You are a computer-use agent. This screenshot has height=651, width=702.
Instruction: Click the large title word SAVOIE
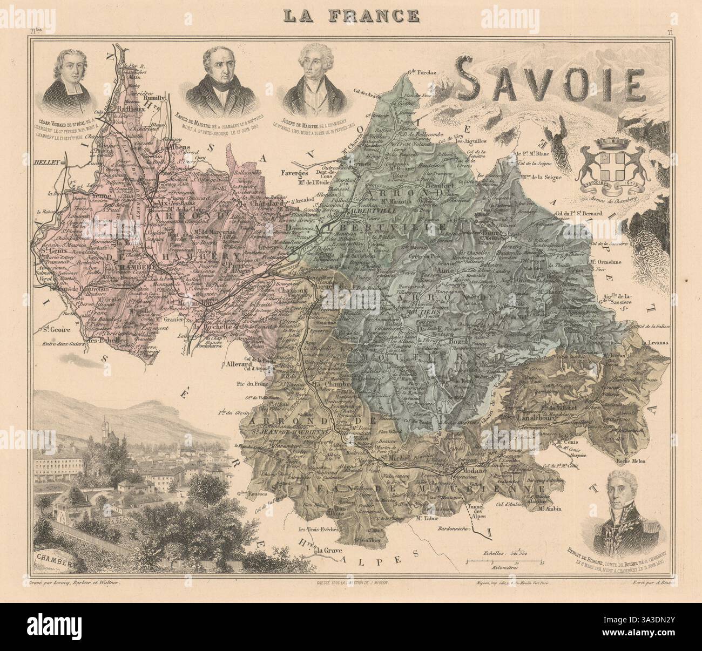click(x=549, y=85)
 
